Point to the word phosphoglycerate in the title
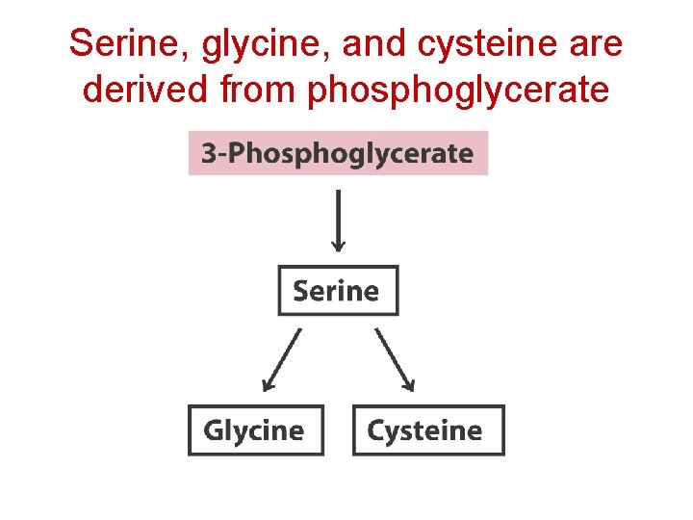coord(457,91)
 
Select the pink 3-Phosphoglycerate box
coord(338,153)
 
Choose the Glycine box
coord(255,430)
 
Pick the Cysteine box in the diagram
coord(427,430)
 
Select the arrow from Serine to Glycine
coord(281,359)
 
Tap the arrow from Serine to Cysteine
coord(395,359)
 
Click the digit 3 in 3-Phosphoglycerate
coord(207,153)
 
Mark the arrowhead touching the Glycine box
coord(268,384)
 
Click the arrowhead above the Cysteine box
coord(409,384)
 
